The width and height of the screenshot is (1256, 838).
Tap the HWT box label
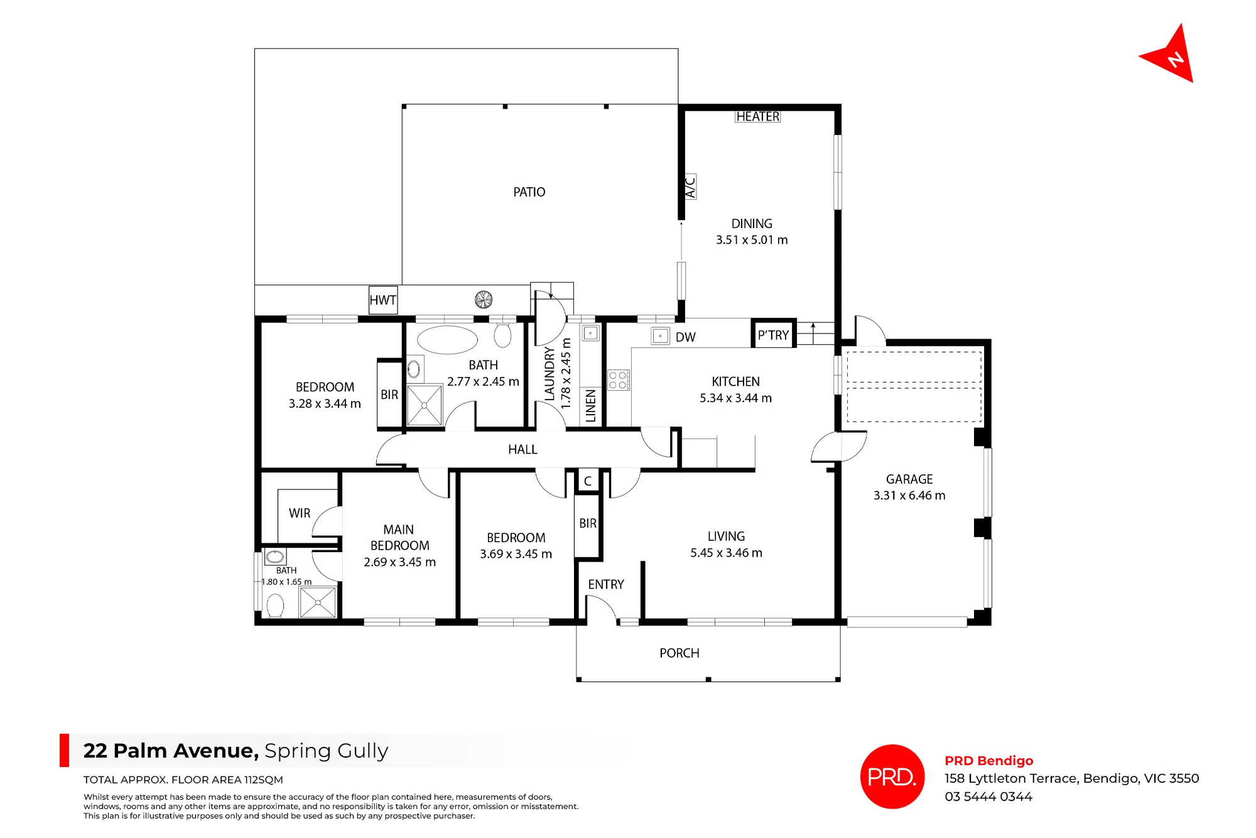coord(383,300)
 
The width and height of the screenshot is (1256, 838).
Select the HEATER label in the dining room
coord(758,117)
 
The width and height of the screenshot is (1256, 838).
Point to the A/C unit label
coord(690,187)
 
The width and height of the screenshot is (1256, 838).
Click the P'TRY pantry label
coord(773,335)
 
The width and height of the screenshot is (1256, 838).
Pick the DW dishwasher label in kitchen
coord(686,337)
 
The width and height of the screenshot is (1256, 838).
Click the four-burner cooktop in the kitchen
coord(618,380)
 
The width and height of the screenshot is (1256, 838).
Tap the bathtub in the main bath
coord(447,340)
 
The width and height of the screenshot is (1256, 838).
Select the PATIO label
coord(529,192)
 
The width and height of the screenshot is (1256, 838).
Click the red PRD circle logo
coord(892,776)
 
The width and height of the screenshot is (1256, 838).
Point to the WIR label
coord(300,513)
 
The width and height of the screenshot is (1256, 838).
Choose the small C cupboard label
coord(588,481)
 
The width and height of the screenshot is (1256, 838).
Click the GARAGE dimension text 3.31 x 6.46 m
coord(909,496)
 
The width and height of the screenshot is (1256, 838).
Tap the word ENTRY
coord(606,585)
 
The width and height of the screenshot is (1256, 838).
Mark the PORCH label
coord(679,653)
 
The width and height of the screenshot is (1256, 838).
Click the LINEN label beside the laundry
coord(590,406)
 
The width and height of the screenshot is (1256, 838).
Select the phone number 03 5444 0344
coord(988,797)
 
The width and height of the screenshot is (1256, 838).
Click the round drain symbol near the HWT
coord(484,300)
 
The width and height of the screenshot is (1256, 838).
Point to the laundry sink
coord(590,333)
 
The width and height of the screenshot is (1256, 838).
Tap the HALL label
coord(522,450)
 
